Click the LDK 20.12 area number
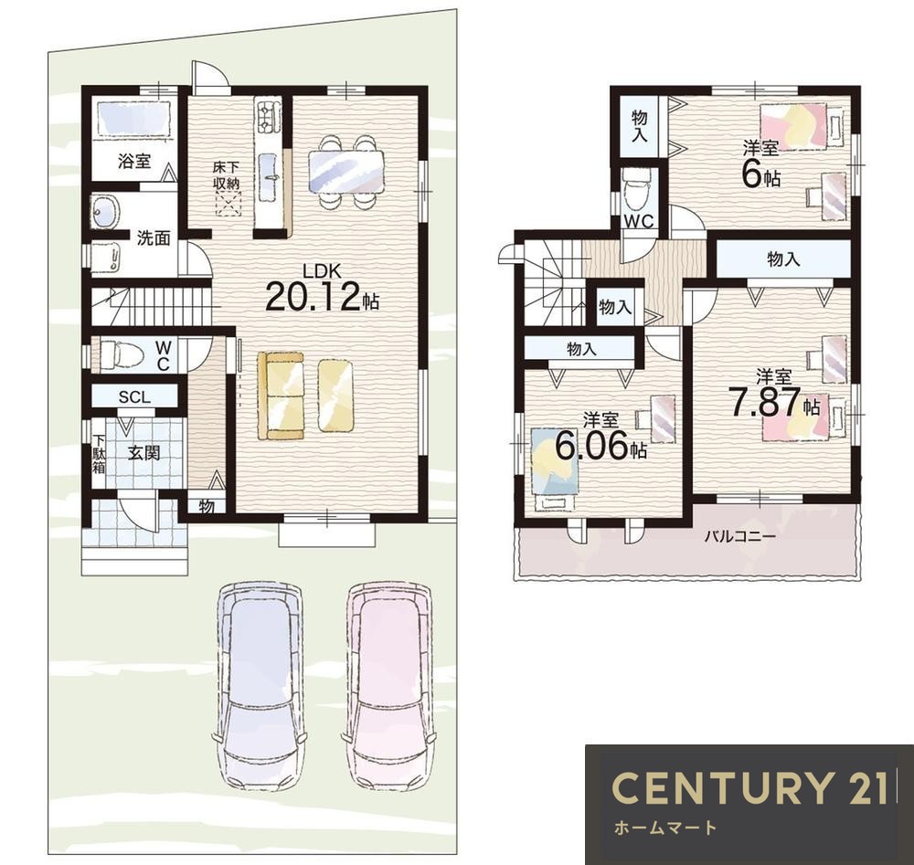[x=322, y=298]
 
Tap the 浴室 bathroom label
[x=134, y=161]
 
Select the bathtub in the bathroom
[x=133, y=120]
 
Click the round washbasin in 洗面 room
[x=106, y=210]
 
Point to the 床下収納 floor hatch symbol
[x=228, y=204]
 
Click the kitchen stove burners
[x=268, y=115]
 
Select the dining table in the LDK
[x=346, y=171]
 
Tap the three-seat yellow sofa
[x=281, y=395]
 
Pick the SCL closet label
[x=134, y=397]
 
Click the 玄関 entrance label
[x=143, y=453]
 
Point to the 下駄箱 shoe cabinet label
[x=99, y=453]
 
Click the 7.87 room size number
[x=767, y=402]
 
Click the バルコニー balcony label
[x=739, y=535]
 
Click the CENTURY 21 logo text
[x=750, y=787]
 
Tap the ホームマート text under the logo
[x=665, y=828]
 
